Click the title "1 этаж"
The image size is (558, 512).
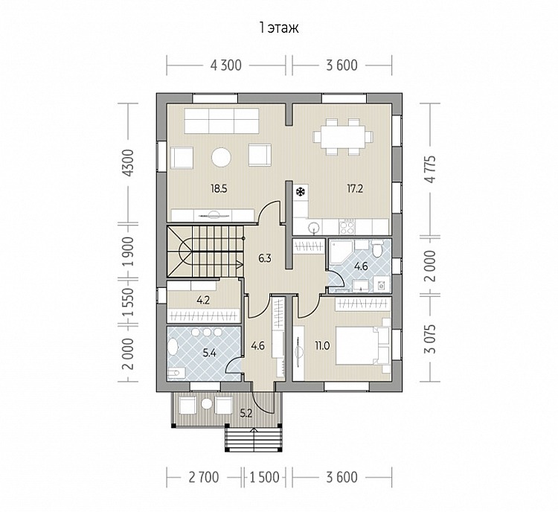click(279, 28)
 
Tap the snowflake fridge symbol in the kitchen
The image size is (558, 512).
click(301, 192)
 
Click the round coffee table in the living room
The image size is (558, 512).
click(222, 157)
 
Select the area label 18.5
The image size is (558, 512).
click(219, 189)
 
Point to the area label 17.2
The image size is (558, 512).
click(355, 188)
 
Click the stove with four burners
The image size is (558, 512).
click(347, 227)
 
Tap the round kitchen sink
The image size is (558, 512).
click(314, 228)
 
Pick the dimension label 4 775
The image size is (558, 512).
click(431, 169)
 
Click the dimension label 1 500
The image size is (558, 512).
click(264, 477)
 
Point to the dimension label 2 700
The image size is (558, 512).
click(204, 477)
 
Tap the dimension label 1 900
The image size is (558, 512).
click(129, 252)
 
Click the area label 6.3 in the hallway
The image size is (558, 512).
click(265, 257)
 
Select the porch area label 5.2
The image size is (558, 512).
click(246, 413)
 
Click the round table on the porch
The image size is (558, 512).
click(206, 403)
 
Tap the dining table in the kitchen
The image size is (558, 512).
click(343, 136)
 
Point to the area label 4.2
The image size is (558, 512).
click(203, 300)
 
